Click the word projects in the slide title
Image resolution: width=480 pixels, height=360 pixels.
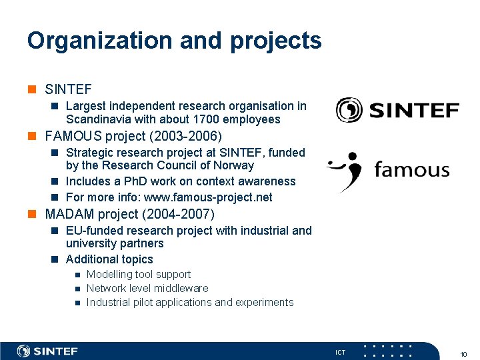click(275, 41)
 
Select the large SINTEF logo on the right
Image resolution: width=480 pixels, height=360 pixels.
click(397, 109)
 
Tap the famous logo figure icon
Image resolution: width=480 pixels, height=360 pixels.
click(345, 171)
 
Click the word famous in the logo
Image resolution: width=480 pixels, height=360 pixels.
click(411, 169)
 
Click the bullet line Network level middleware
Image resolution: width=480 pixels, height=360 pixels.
click(147, 289)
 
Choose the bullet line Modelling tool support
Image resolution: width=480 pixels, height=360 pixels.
click(139, 275)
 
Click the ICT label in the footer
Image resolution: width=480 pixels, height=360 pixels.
click(340, 352)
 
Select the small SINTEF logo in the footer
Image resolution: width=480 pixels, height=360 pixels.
click(47, 351)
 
